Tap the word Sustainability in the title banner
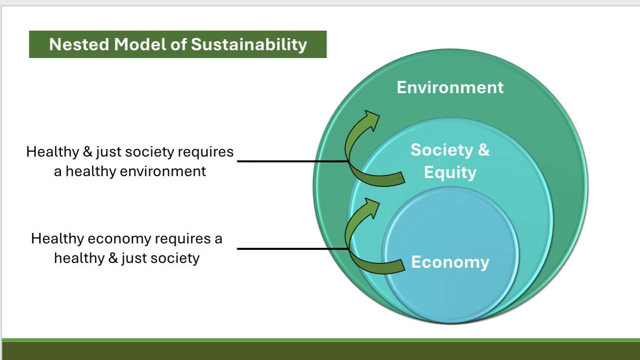point(249,44)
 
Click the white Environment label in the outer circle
point(450,87)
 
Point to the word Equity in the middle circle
point(450,172)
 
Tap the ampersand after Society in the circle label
point(483,150)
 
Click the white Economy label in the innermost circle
point(450,262)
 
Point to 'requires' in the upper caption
point(205,152)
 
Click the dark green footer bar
point(320,351)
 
